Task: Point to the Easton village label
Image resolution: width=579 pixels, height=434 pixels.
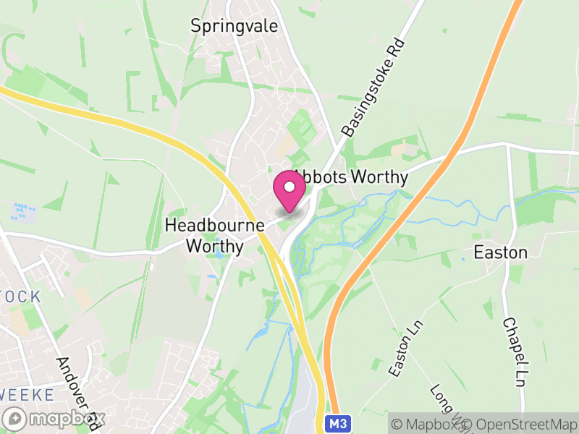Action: pos(500,252)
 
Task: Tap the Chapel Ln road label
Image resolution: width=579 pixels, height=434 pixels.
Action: pos(513,352)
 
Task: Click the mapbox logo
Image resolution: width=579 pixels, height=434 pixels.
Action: pos(55,419)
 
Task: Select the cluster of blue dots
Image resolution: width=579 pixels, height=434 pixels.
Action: pos(23,212)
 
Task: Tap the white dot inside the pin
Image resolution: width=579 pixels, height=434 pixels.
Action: pos(290,187)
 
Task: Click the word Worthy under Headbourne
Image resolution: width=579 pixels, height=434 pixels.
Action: pos(214,246)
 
